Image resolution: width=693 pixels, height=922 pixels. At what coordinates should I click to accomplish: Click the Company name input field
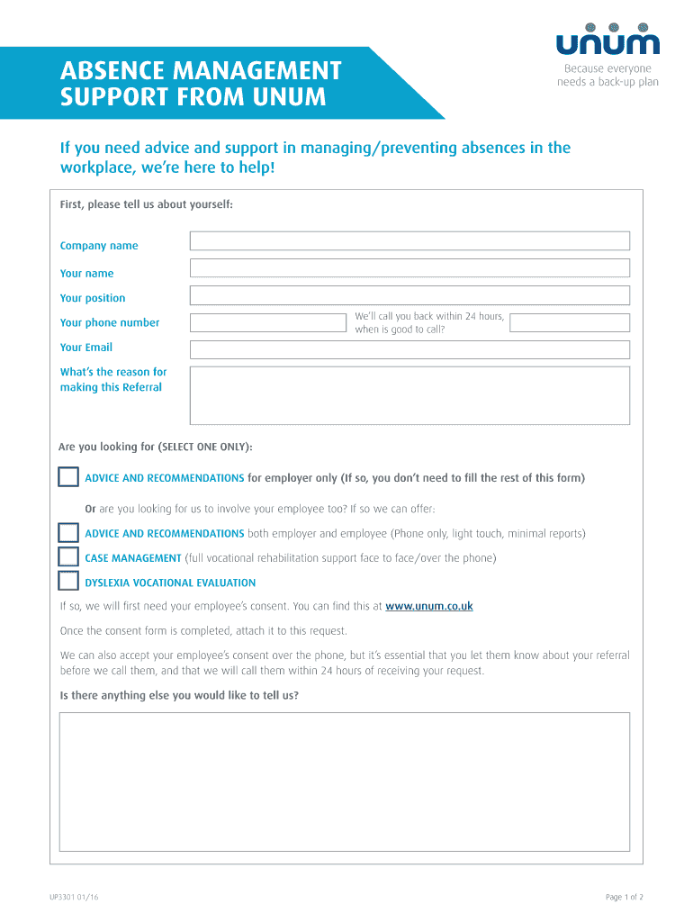(x=409, y=240)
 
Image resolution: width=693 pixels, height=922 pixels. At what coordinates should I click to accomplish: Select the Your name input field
(x=409, y=268)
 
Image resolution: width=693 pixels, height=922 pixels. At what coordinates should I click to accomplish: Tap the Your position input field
(x=409, y=295)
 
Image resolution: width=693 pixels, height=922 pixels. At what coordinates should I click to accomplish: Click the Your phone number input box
(x=268, y=322)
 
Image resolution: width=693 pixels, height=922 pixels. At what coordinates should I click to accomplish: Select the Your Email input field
(x=409, y=349)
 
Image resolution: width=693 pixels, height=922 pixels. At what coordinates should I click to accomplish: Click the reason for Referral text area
(x=409, y=394)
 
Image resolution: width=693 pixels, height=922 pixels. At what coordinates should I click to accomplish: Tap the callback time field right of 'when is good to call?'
(x=570, y=322)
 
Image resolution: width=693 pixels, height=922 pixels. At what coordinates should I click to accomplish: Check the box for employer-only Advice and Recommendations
(x=68, y=477)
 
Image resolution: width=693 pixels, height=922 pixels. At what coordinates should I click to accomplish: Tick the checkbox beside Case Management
(x=68, y=557)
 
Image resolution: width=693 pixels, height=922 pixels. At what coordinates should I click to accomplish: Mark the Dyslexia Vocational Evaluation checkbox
(x=68, y=582)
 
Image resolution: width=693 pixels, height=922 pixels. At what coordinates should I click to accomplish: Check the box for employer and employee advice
(x=68, y=533)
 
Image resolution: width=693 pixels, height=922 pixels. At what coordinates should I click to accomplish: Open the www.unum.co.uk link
(x=428, y=607)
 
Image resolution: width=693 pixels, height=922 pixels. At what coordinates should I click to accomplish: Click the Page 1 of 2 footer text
(x=625, y=897)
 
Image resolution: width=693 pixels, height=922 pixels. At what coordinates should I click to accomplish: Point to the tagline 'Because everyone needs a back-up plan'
(x=607, y=76)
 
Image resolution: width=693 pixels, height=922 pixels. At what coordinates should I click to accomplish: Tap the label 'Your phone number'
(x=110, y=322)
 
